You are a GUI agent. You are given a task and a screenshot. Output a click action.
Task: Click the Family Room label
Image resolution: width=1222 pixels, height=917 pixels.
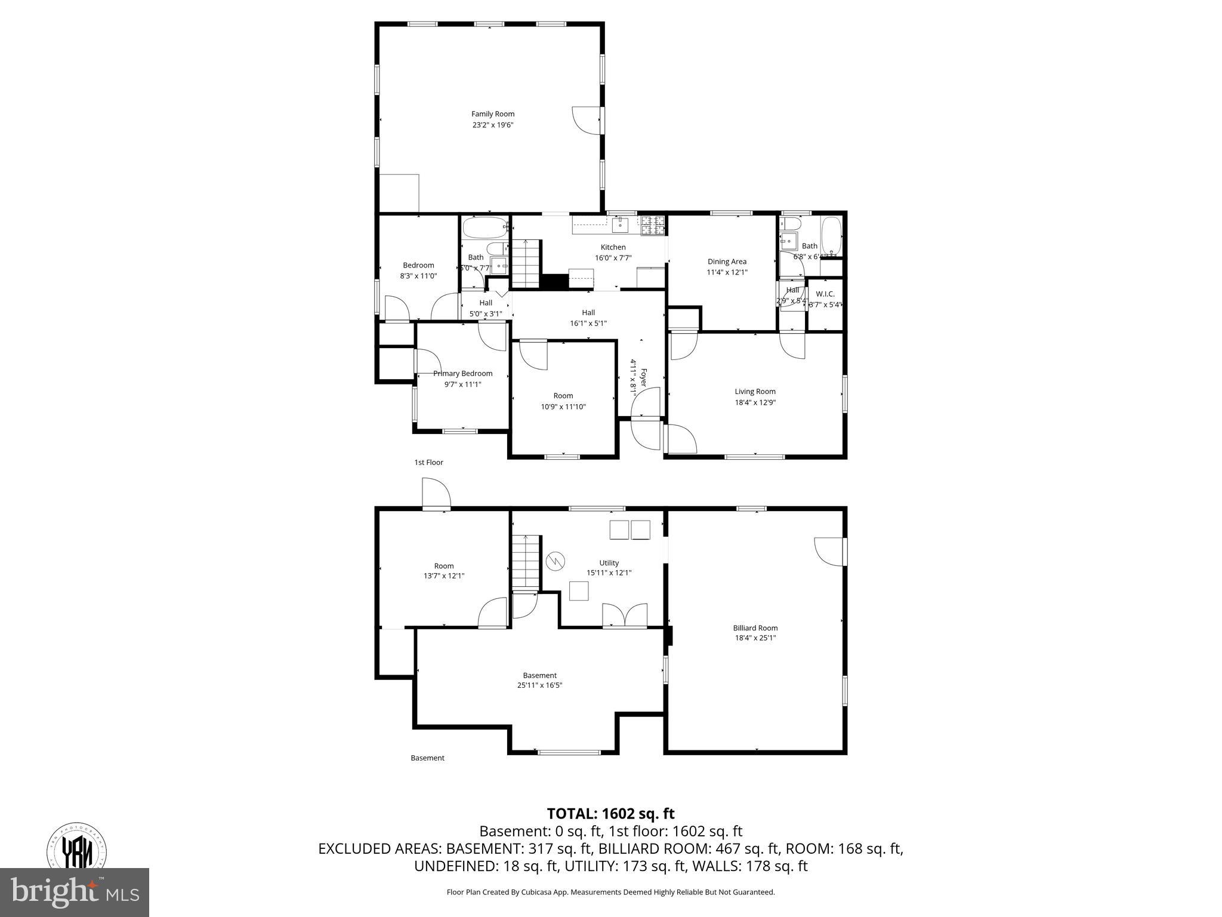point(492,114)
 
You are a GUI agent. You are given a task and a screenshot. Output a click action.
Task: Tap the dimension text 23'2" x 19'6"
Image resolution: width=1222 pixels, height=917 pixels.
point(492,125)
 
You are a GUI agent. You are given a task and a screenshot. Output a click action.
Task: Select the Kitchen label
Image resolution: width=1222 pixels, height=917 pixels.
point(613,247)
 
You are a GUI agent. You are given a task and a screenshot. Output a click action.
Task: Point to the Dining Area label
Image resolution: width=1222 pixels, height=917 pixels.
point(726,261)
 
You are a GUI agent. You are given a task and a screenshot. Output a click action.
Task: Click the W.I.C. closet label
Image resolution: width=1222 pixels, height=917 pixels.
point(825,294)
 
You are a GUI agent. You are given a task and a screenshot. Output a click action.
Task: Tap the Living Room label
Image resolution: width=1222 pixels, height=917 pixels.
point(755,392)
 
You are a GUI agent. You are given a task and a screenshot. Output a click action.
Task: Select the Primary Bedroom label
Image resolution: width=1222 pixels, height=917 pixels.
point(462,374)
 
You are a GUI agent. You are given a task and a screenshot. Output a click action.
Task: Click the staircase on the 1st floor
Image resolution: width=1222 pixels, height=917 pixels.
point(526,263)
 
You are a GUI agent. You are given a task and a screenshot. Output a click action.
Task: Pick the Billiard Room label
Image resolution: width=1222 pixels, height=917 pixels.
point(755,627)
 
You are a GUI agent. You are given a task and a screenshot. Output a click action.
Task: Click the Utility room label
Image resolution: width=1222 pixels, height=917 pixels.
point(609,563)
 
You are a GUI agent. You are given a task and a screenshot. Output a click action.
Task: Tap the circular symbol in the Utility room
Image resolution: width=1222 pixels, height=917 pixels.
point(554,561)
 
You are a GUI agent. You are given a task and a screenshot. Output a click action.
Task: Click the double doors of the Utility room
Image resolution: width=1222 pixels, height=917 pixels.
point(624,615)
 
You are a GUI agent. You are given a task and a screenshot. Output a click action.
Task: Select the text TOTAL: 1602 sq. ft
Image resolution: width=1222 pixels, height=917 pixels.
point(610,814)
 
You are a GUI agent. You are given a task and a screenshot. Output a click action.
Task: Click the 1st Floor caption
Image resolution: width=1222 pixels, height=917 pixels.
point(428,463)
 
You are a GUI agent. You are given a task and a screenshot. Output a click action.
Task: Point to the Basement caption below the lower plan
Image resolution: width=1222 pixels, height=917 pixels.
point(427,758)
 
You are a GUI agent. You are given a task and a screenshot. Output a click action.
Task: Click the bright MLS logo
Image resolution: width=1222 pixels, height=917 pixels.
point(74,892)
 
